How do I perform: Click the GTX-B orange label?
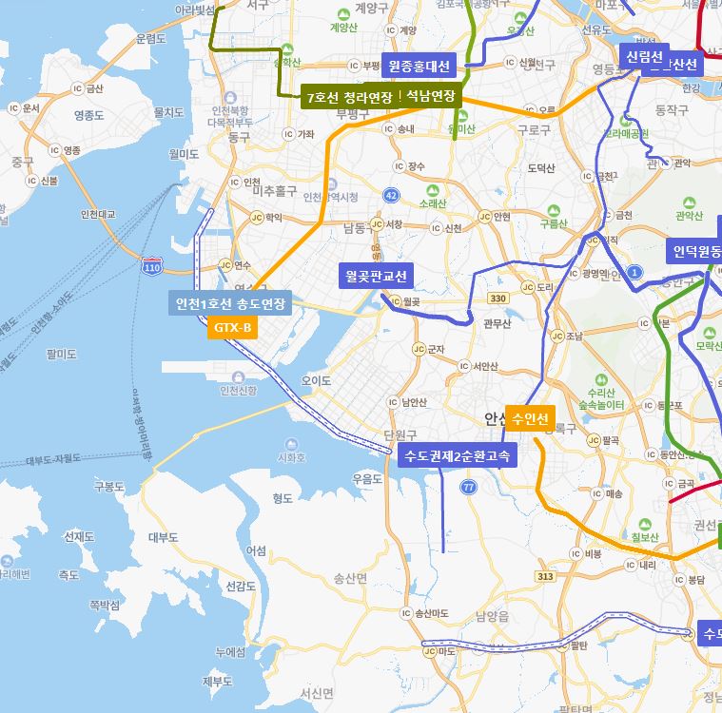point(233,329)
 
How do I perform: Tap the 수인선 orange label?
point(530,418)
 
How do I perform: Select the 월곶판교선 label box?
point(376,277)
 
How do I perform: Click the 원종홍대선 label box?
point(420,67)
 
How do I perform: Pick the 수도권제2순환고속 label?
point(458,456)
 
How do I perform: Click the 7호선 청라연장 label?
point(347,97)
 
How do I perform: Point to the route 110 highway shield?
point(152,268)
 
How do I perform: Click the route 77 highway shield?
point(468,488)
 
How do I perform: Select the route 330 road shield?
point(498,299)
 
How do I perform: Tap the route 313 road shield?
point(545,576)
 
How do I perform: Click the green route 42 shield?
point(392,195)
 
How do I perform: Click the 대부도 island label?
point(164,537)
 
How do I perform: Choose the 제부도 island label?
point(218,682)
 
